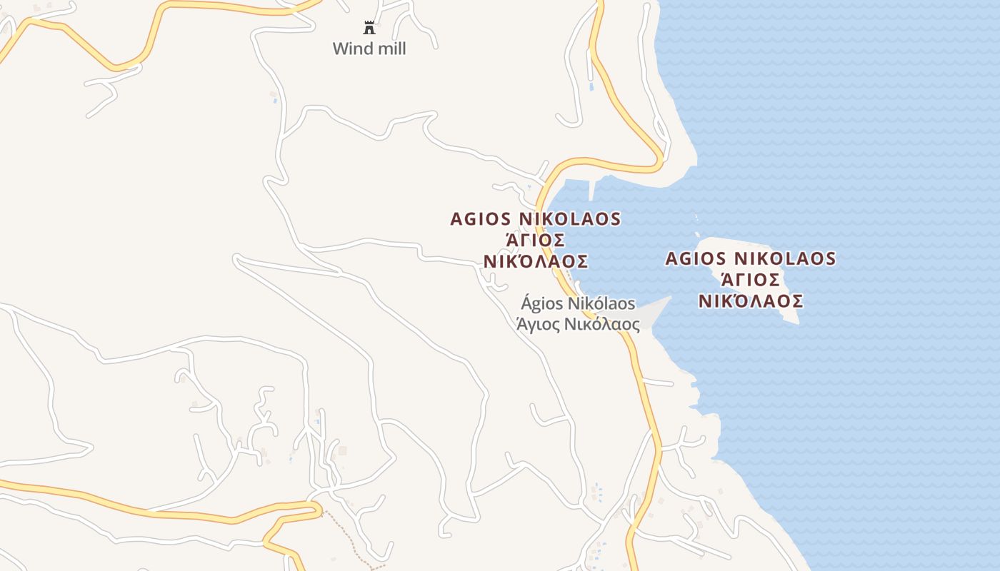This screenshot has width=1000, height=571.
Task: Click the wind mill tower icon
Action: (369, 29)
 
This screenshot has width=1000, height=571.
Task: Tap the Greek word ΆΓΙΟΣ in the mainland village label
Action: (536, 240)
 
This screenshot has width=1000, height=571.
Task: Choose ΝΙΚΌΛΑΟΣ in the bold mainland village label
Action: (536, 261)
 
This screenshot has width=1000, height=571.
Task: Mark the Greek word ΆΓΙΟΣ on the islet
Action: (751, 279)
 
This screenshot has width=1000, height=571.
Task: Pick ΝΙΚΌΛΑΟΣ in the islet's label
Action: (751, 301)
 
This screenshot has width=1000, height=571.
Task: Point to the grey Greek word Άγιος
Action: (538, 324)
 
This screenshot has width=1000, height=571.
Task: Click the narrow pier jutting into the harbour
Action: (592, 189)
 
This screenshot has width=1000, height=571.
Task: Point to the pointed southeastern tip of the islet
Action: (796, 322)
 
